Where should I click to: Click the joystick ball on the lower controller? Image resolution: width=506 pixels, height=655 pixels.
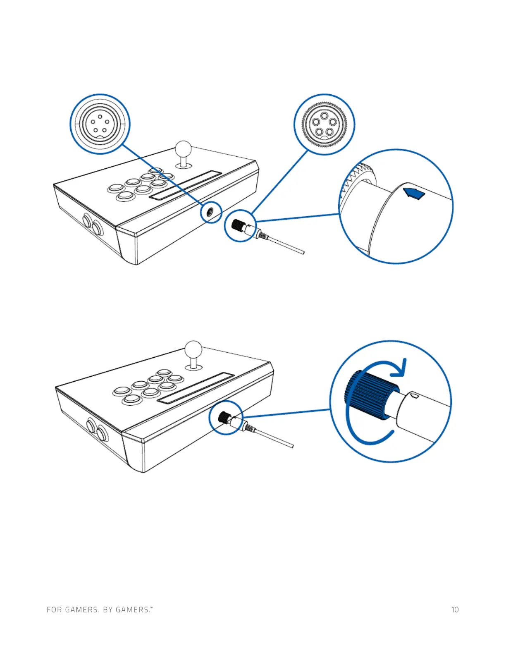[x=193, y=348]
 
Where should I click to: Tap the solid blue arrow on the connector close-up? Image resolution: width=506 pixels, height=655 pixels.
[x=414, y=193]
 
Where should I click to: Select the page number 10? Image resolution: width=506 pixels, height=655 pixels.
[x=455, y=610]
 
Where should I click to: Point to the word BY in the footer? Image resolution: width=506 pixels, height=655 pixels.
[x=107, y=610]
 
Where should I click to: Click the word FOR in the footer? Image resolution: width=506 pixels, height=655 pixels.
[x=54, y=610]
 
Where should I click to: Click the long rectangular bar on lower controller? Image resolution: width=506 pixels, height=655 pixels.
[x=196, y=388]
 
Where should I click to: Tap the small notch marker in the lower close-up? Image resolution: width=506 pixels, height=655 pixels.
[x=416, y=397]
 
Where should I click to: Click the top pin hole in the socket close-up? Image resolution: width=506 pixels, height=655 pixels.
[x=100, y=117]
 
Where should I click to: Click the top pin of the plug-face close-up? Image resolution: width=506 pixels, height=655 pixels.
[x=325, y=115]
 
